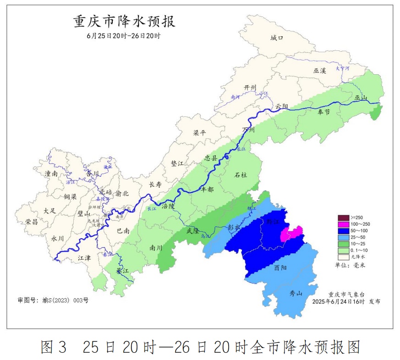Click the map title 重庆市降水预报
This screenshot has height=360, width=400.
click(124, 22)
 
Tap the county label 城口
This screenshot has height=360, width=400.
click(277, 38)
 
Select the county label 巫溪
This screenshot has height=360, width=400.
click(319, 71)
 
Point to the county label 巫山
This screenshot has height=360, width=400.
click(361, 98)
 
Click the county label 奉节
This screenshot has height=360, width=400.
click(323, 112)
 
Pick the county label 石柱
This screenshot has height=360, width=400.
click(241, 175)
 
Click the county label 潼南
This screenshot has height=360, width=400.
click(51, 174)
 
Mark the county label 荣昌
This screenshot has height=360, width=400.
click(32, 222)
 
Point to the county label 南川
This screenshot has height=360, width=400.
click(156, 248)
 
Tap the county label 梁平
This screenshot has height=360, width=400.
click(199, 133)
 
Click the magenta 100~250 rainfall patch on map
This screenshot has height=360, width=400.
click(291, 233)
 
